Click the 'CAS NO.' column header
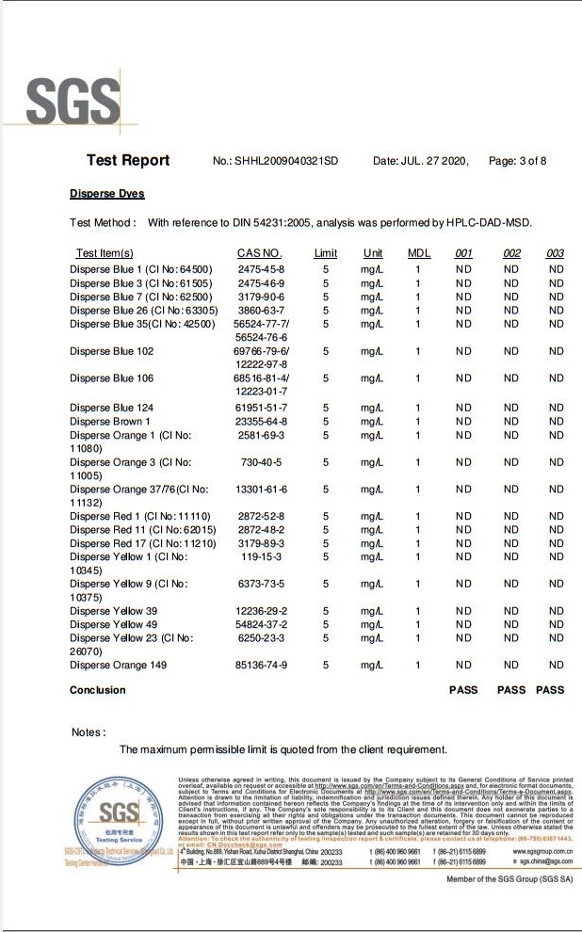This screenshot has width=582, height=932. click(260, 253)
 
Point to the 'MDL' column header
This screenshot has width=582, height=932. click(418, 253)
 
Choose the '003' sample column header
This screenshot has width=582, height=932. click(555, 253)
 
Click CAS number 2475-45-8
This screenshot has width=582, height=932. click(261, 270)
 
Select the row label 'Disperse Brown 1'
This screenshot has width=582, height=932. click(110, 422)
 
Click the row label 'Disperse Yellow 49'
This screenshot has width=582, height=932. click(113, 624)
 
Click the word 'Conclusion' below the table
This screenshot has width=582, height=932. click(97, 690)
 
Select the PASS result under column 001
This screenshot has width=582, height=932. click(463, 690)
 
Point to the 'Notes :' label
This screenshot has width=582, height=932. click(89, 731)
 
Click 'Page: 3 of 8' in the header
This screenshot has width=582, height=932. click(518, 161)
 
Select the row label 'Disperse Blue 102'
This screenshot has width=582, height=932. click(111, 351)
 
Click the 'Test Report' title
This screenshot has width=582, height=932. click(128, 160)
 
